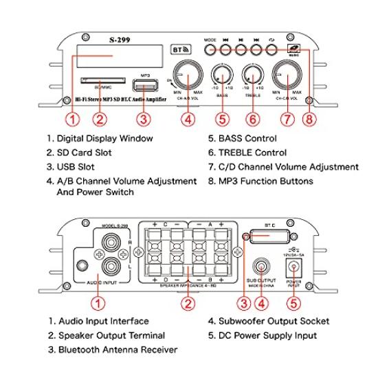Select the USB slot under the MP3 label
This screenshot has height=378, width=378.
pos(144,86)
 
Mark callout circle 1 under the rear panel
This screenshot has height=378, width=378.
pos(99,302)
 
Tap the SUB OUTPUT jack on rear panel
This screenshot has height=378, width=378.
pos(262,266)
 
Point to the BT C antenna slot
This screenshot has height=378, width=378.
pos(269,239)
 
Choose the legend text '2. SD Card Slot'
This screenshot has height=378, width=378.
pos(78,153)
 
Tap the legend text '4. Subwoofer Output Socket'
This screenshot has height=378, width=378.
pos(268,321)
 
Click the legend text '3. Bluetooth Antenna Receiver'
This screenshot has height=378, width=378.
pos(113,350)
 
